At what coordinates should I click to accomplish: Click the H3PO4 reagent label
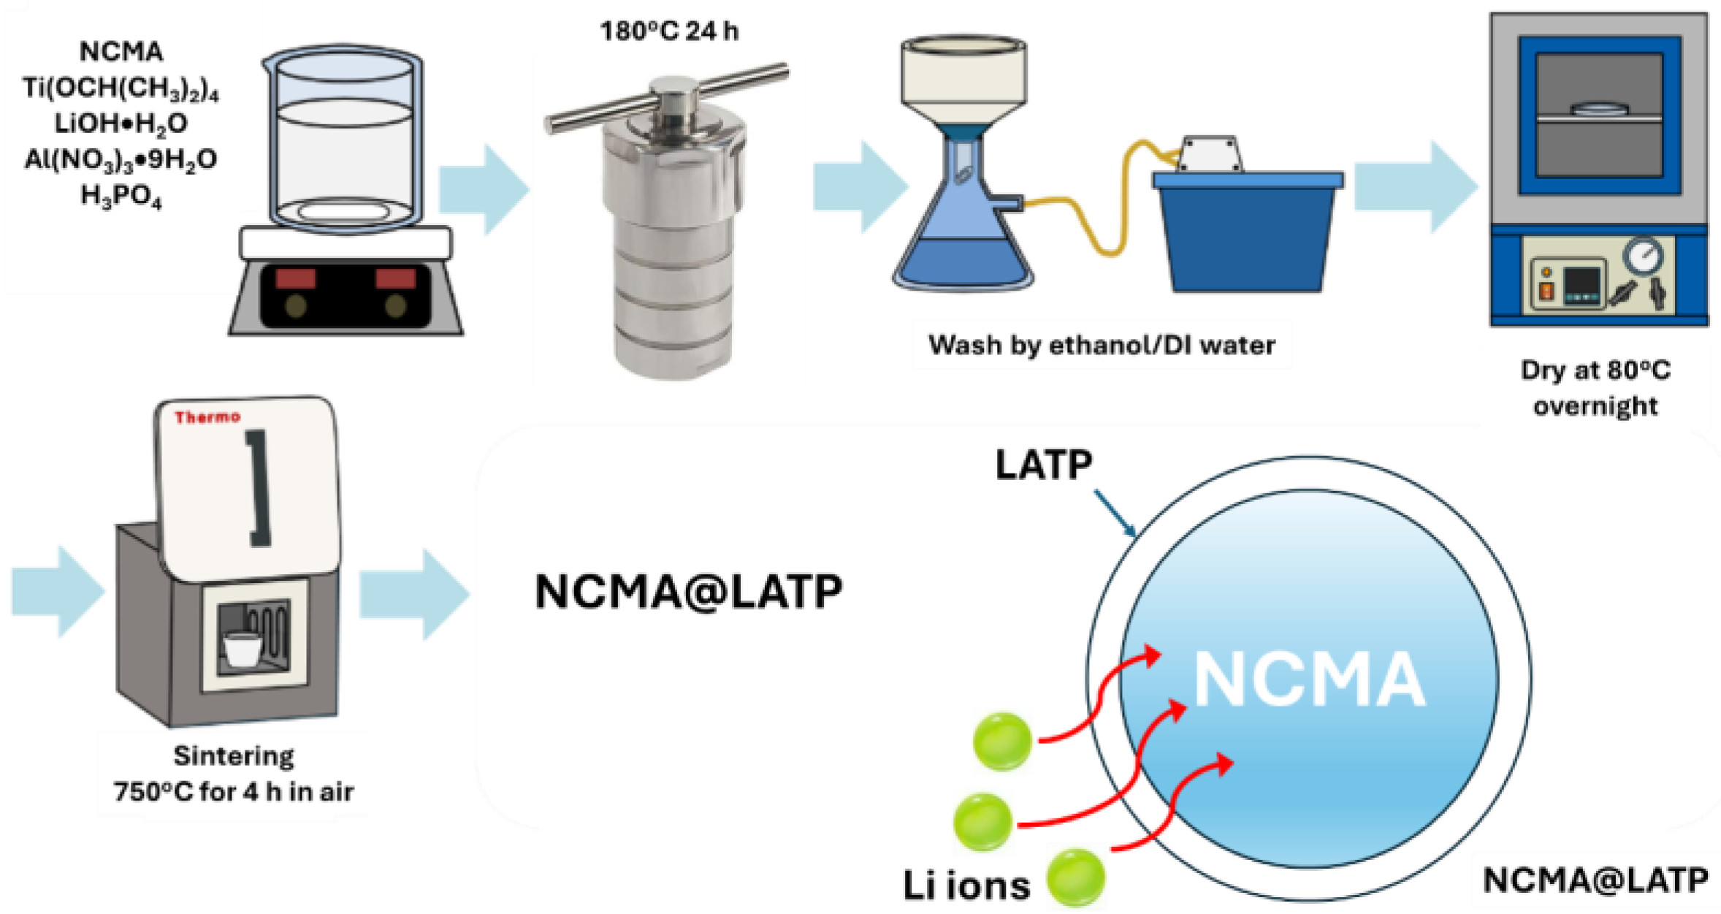(x=121, y=196)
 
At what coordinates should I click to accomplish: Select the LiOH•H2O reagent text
(x=121, y=123)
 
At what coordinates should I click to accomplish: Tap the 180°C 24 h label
(x=668, y=31)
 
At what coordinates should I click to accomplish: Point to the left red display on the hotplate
(x=295, y=278)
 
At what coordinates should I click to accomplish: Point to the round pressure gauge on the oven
(x=1643, y=255)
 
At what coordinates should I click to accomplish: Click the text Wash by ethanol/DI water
(x=1101, y=344)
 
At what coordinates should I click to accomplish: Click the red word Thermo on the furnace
(x=207, y=417)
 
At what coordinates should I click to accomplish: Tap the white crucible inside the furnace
(x=242, y=649)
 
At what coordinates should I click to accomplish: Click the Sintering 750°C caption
(x=233, y=773)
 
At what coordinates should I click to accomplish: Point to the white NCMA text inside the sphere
(x=1308, y=679)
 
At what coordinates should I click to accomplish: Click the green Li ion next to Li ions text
(x=1075, y=876)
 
